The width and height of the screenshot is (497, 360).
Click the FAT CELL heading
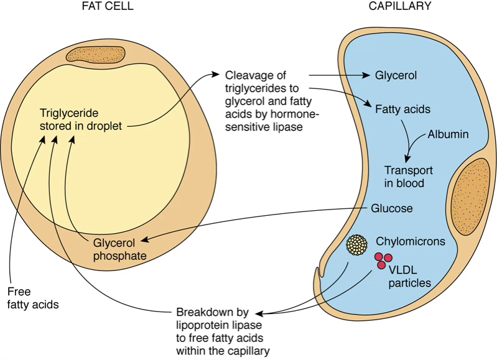pos(108,6)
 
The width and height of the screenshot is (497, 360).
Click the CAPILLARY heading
pos(400,6)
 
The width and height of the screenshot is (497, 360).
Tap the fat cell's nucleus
pos(95,55)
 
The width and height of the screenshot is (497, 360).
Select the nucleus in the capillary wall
pos(470,196)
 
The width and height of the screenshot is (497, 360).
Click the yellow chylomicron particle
pos(357,244)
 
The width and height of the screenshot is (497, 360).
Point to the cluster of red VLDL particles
pos(383,261)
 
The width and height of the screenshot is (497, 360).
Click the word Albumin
pos(448,134)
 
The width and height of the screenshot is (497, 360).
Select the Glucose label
pos(392,208)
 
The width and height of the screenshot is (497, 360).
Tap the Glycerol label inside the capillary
pos(396,75)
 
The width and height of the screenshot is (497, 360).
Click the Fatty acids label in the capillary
pos(402,109)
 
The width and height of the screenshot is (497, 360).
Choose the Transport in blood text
pos(408,177)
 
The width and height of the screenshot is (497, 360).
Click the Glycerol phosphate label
pos(119,249)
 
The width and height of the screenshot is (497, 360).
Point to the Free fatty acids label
pos(33,298)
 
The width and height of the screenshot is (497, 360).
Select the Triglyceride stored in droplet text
pos(80,119)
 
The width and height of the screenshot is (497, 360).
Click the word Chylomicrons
pos(411,241)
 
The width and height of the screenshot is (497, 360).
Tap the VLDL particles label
pos(409,276)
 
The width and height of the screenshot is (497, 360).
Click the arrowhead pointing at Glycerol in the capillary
pos(366,75)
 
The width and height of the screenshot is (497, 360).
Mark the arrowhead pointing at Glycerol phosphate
pos(144,240)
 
